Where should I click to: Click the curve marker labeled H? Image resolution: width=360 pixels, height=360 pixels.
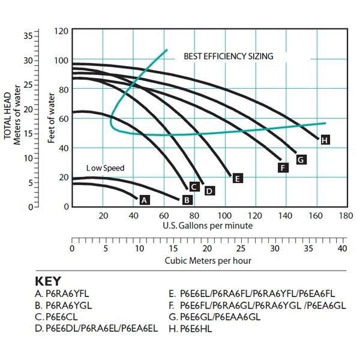pos(325,140)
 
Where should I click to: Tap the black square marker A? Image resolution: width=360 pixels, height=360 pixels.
pos(144,200)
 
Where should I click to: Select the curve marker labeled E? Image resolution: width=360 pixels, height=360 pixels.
pos(237,178)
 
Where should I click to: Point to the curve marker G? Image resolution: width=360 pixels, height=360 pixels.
pos(301,159)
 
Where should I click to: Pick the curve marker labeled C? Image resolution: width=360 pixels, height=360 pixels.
pos(194,187)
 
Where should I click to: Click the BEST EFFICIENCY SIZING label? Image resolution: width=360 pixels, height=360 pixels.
pos(228,56)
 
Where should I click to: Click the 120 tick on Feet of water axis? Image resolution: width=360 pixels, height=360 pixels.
pos(61,30)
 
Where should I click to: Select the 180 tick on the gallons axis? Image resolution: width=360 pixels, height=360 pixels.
pos(345,216)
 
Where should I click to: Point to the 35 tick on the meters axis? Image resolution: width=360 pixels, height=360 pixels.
pos(28,35)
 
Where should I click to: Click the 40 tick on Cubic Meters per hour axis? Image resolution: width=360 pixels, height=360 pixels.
pos(342,248)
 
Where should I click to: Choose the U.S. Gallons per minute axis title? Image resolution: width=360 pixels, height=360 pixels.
pos(208,226)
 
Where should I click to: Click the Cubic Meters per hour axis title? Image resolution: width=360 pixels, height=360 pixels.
pos(208,260)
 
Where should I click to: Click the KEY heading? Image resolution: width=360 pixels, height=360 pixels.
pos(48,281)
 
